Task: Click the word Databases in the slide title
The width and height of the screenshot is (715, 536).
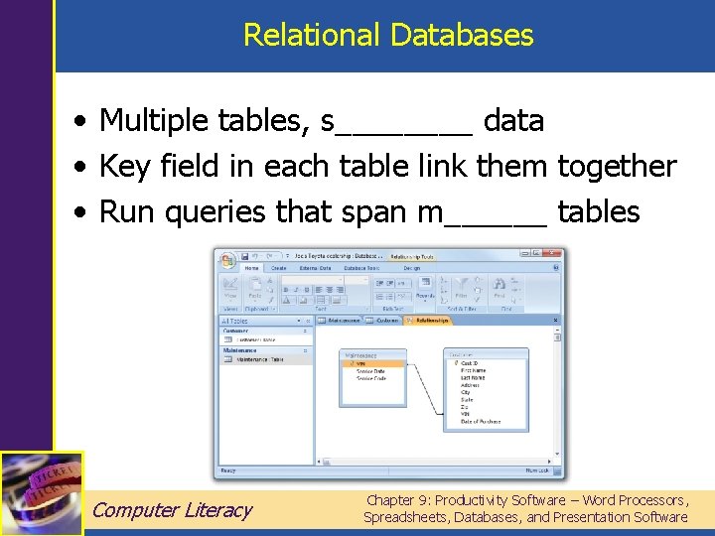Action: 462,36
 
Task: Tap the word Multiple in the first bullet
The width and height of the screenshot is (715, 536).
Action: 156,121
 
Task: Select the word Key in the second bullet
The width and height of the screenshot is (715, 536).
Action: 120,166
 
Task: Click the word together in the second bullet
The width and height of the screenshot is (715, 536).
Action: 617,166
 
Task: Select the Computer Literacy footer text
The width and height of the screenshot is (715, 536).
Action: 172,510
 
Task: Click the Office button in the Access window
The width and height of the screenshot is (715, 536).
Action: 227,261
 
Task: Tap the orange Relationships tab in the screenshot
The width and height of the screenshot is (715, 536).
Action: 429,321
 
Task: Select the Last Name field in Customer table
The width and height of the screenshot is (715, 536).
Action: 474,378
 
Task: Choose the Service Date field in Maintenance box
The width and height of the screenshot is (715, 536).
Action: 371,371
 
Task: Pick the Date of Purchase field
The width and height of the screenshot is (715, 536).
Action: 482,421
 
